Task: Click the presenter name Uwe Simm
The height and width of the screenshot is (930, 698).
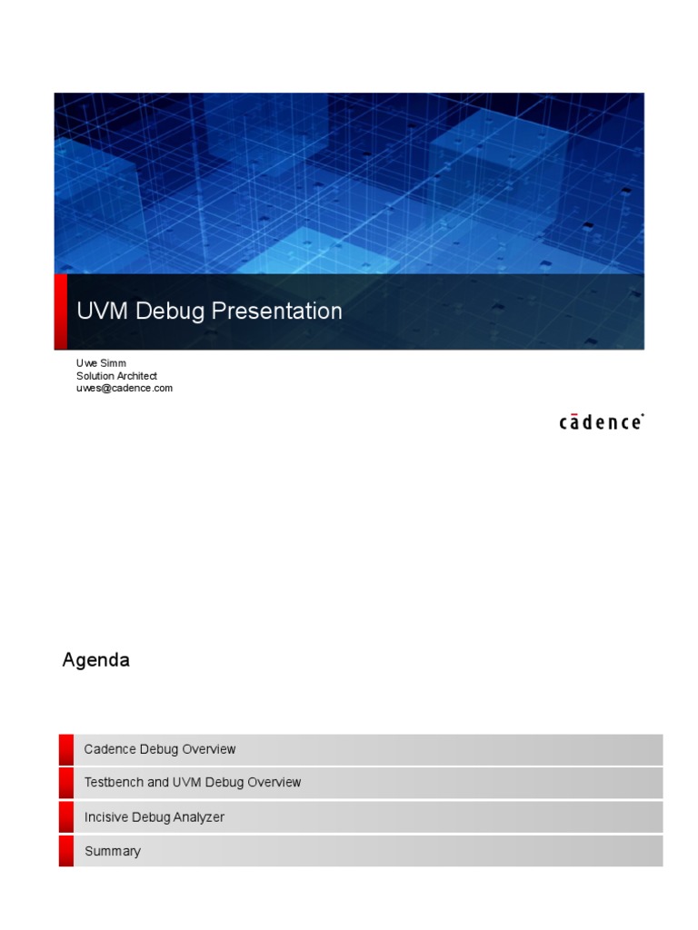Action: [x=101, y=363]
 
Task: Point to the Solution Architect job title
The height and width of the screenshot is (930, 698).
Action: [x=116, y=376]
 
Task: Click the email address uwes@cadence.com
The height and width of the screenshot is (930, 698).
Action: [x=124, y=388]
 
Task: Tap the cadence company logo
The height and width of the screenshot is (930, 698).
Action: [x=601, y=422]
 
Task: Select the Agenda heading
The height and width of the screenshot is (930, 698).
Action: [x=95, y=660]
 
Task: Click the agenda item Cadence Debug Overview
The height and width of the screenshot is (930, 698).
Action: [x=160, y=749]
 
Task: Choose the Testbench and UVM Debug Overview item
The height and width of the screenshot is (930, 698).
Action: [x=193, y=782]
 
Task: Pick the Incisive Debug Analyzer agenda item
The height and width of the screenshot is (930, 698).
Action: [x=155, y=817]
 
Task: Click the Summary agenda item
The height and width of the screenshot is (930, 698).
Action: [x=113, y=851]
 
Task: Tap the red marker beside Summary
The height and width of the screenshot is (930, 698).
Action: [x=66, y=851]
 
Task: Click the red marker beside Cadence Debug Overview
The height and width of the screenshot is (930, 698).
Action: [x=66, y=749]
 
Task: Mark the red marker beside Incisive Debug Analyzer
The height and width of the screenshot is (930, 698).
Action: [x=66, y=817]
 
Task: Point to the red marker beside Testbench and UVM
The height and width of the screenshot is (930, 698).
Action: [x=66, y=782]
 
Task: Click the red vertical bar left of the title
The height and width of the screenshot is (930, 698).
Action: [x=61, y=312]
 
